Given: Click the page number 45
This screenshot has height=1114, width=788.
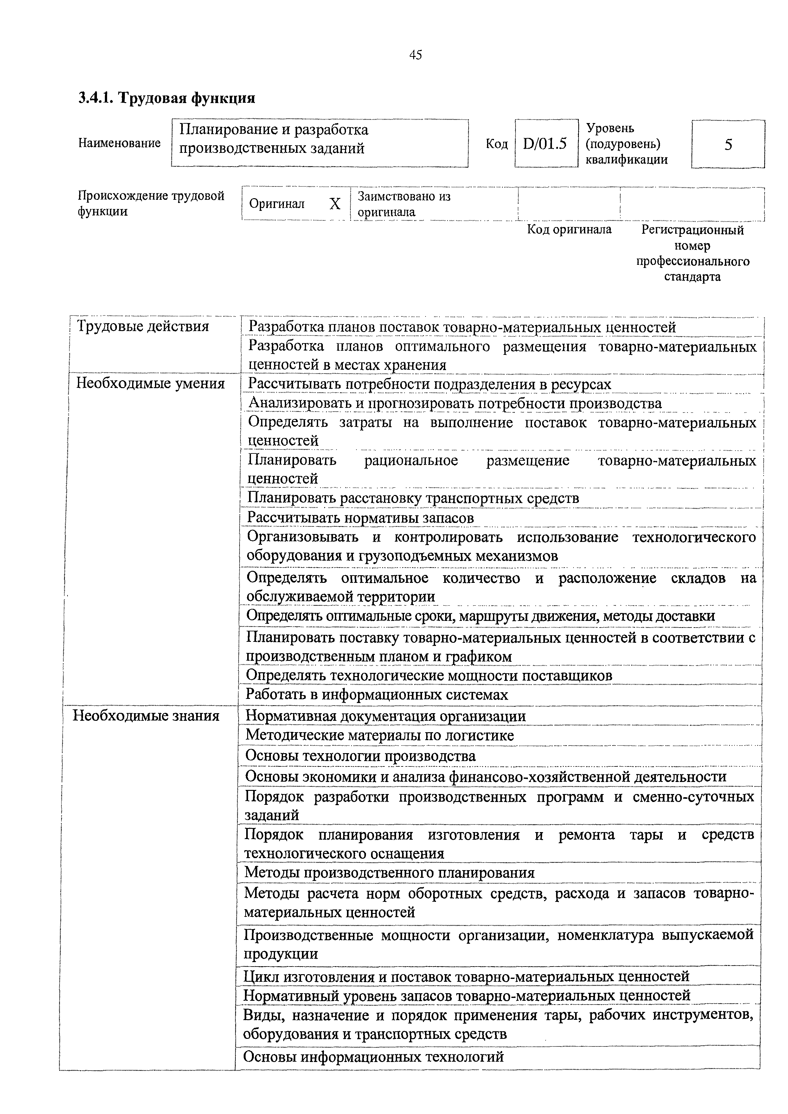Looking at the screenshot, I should tap(415, 55).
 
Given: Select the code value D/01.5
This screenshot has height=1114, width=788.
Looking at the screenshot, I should tap(545, 144).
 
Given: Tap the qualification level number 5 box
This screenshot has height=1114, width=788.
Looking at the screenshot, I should tap(728, 144).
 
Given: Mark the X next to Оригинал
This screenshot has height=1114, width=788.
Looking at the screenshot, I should tap(335, 204).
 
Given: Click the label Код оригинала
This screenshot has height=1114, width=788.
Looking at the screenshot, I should tap(569, 229).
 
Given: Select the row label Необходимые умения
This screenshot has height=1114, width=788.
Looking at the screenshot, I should tap(151, 384).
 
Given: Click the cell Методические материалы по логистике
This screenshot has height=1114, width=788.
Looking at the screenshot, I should tap(379, 735).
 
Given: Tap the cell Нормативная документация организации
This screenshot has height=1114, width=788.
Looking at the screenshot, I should tap(385, 716).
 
